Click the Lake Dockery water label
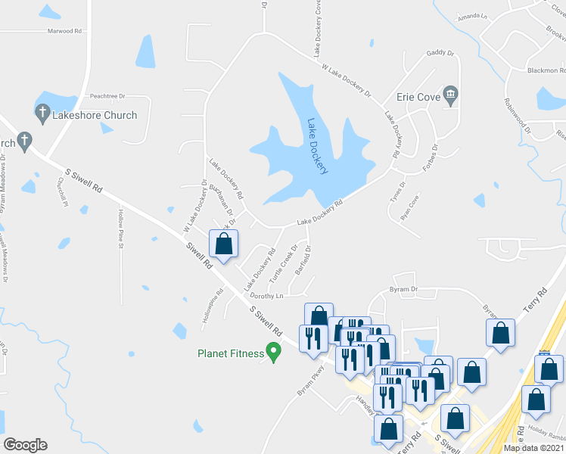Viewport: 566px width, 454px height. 318,145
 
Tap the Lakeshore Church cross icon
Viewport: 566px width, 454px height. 42,115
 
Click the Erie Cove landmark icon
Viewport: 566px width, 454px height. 451,97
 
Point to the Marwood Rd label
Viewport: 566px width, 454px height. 64,31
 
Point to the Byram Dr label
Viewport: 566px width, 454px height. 403,289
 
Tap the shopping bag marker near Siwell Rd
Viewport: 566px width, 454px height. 223,244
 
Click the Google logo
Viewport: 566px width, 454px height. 25,445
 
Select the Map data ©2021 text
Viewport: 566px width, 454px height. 533,448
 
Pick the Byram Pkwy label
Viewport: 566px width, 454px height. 310,383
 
